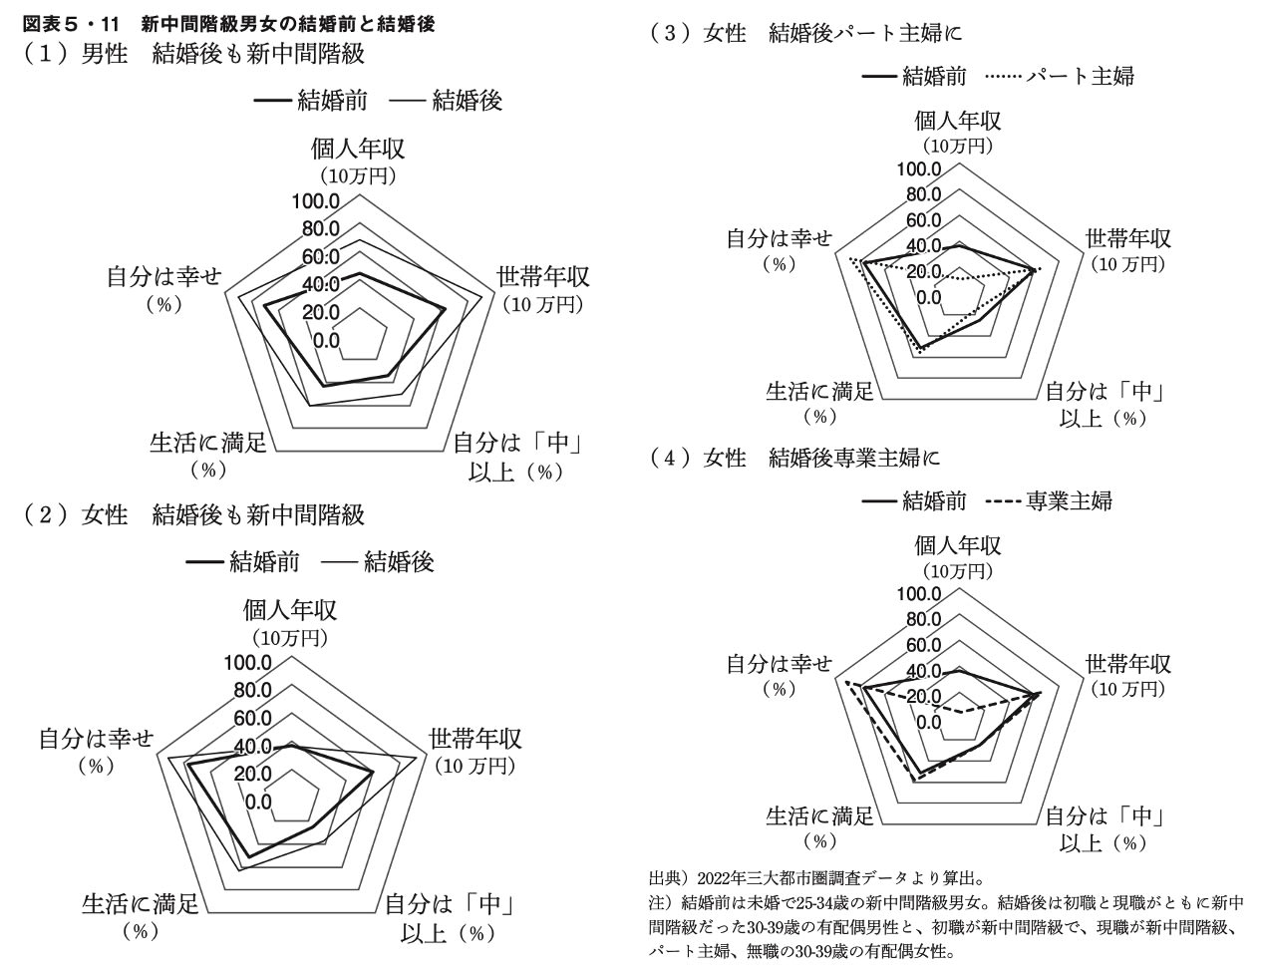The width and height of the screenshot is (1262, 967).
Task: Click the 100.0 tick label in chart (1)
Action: click(x=315, y=201)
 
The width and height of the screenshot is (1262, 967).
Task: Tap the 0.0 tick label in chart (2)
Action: click(x=258, y=801)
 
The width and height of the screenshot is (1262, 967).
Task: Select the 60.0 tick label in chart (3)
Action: click(x=923, y=220)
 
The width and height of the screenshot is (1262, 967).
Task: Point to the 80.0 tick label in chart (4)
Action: click(x=923, y=620)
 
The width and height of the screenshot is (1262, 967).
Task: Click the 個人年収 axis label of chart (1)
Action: click(x=358, y=150)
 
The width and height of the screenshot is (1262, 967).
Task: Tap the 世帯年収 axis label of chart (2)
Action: click(x=475, y=740)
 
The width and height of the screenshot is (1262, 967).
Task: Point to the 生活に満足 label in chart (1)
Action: click(x=208, y=442)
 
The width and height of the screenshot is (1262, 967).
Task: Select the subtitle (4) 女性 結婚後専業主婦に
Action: click(x=794, y=458)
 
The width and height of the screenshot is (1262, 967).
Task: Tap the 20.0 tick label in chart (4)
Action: click(x=923, y=696)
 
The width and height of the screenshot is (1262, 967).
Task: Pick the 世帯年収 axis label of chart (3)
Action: click(x=1127, y=239)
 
